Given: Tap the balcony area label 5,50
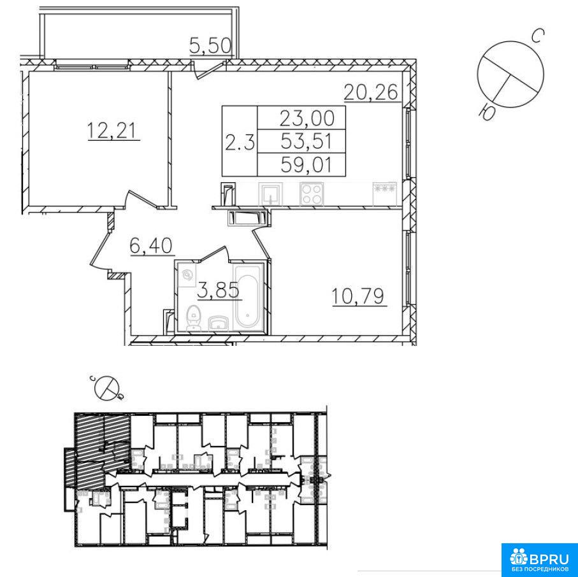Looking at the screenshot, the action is coord(210,46).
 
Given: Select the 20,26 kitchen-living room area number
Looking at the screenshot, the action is coord(371,92).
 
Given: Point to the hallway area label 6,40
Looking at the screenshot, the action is coord(152,245).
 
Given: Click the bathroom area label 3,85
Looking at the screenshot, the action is coord(219,290).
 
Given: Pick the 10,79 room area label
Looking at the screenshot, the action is coord(358,296).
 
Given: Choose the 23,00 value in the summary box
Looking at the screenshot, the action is coord(307,118).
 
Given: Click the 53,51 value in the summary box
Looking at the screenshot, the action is coord(307,141).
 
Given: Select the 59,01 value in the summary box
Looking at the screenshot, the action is coord(307,164).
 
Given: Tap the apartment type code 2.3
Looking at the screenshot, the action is coord(240,143).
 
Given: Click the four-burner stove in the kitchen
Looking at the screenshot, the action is coord(312,194).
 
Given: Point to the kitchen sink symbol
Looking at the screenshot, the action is coord(271,194).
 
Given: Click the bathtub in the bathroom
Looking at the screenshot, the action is coord(247,297).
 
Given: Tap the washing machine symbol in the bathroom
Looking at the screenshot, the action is coord(187,275).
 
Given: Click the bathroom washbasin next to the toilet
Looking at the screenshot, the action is coord(219,323).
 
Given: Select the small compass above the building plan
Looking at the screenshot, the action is coord(107,388).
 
